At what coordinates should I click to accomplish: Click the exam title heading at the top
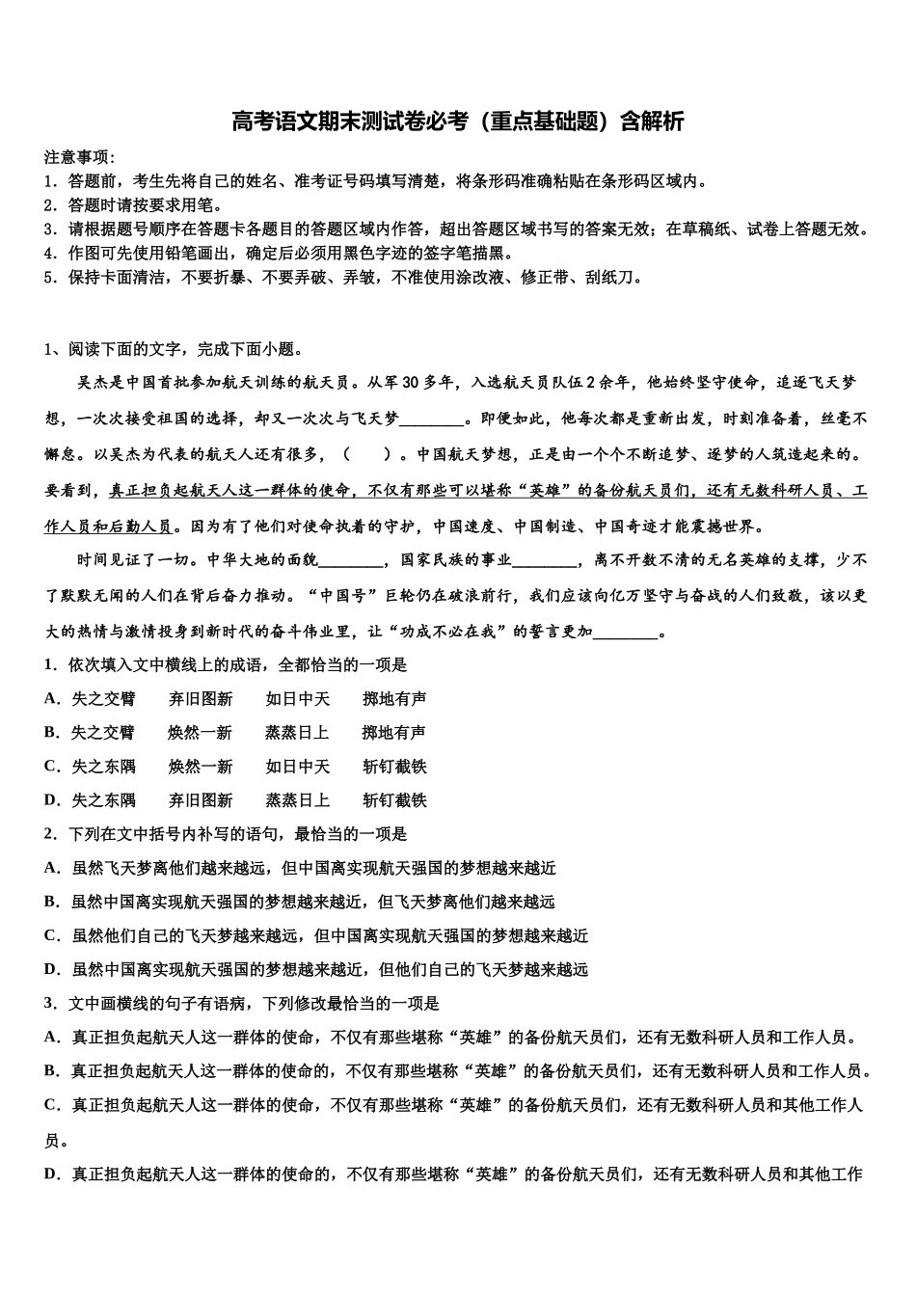457,121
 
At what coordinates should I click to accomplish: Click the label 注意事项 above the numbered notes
77,157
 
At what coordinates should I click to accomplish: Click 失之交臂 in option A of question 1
103,699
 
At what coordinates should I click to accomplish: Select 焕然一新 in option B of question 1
201,733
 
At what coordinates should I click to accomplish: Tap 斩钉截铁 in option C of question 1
394,767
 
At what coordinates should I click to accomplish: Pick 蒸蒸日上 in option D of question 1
298,800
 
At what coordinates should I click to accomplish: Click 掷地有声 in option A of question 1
394,699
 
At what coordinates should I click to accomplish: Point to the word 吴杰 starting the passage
94,383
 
